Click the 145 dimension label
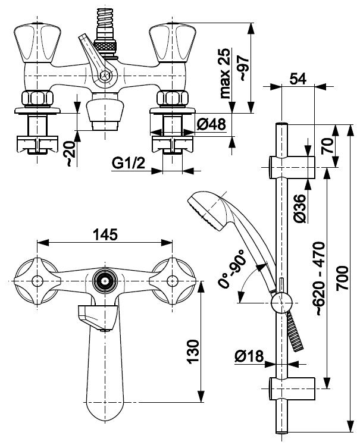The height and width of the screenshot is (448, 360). [x=105, y=234]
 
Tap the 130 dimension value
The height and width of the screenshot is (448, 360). [x=193, y=352]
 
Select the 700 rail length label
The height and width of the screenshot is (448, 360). [x=342, y=278]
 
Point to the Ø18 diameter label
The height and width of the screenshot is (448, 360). [x=249, y=356]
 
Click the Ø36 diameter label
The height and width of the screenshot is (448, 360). [x=300, y=208]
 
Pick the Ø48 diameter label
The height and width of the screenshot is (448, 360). [x=211, y=124]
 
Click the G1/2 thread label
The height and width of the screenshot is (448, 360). [x=129, y=163]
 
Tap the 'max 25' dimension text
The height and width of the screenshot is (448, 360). [x=225, y=73]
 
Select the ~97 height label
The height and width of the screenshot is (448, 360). [x=244, y=68]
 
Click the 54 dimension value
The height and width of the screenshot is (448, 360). [x=298, y=79]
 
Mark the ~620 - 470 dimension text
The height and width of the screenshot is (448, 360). [x=318, y=278]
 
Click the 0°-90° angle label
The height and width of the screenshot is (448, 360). [x=232, y=268]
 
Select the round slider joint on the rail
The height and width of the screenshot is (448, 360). [x=281, y=303]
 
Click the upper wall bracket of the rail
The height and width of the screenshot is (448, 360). [x=292, y=167]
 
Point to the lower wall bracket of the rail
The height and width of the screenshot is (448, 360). [x=292, y=389]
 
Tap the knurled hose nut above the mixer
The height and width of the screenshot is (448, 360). [x=105, y=46]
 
